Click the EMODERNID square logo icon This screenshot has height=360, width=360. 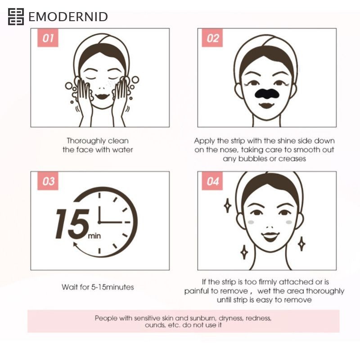(16, 17)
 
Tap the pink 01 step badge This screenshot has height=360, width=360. (48, 38)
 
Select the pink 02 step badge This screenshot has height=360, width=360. (212, 38)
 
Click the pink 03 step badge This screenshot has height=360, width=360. (48, 181)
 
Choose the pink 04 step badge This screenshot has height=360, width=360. (212, 181)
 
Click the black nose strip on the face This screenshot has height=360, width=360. (267, 94)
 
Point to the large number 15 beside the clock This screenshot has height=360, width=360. (72, 224)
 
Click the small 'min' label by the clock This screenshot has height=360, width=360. (94, 236)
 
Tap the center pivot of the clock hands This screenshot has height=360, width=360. (99, 222)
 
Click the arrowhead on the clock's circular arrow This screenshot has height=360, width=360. (75, 244)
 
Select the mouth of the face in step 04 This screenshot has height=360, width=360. (271, 237)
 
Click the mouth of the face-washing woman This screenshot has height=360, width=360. (102, 96)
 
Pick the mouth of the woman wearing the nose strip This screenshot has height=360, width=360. (266, 106)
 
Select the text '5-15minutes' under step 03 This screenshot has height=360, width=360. (112, 287)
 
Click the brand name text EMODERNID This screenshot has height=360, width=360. (68, 17)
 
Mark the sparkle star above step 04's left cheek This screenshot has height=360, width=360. (228, 206)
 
